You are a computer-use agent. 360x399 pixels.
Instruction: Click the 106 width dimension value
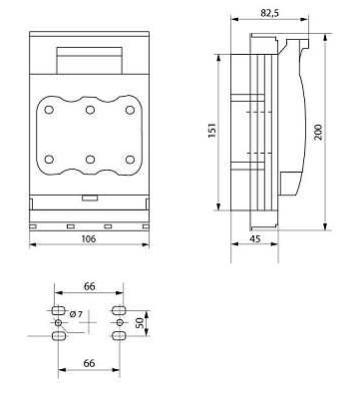click(89, 238)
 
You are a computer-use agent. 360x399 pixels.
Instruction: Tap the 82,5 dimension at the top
click(270, 13)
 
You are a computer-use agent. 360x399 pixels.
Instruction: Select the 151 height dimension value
click(211, 131)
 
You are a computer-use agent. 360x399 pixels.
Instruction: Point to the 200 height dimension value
click(318, 132)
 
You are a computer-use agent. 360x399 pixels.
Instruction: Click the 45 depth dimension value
click(255, 238)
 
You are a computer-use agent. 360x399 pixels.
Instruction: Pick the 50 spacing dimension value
click(141, 323)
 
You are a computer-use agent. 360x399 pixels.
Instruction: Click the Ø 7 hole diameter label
click(76, 314)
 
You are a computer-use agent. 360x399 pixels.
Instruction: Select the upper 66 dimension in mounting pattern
click(89, 286)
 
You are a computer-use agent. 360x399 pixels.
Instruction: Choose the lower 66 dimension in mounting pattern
click(89, 363)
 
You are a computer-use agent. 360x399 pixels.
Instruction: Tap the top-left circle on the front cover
click(49, 110)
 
